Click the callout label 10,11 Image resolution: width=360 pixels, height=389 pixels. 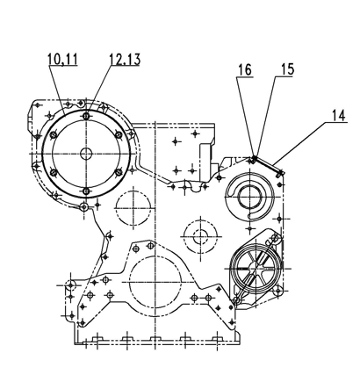pos(63,59)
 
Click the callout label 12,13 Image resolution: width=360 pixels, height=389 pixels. pos(125,59)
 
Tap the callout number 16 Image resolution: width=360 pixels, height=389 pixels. pos(245,70)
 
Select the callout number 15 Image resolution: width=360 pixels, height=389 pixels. pos(287,69)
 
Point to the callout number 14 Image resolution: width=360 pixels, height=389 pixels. pos(339,115)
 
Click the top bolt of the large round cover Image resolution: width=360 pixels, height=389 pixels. pos(86,116)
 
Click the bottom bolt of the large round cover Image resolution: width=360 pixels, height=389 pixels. pos(86,191)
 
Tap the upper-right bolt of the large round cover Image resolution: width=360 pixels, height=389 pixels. pos(119,134)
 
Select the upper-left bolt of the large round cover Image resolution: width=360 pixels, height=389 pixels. pos(54,135)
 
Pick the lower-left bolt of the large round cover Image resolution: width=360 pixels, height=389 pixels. pos(54,172)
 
